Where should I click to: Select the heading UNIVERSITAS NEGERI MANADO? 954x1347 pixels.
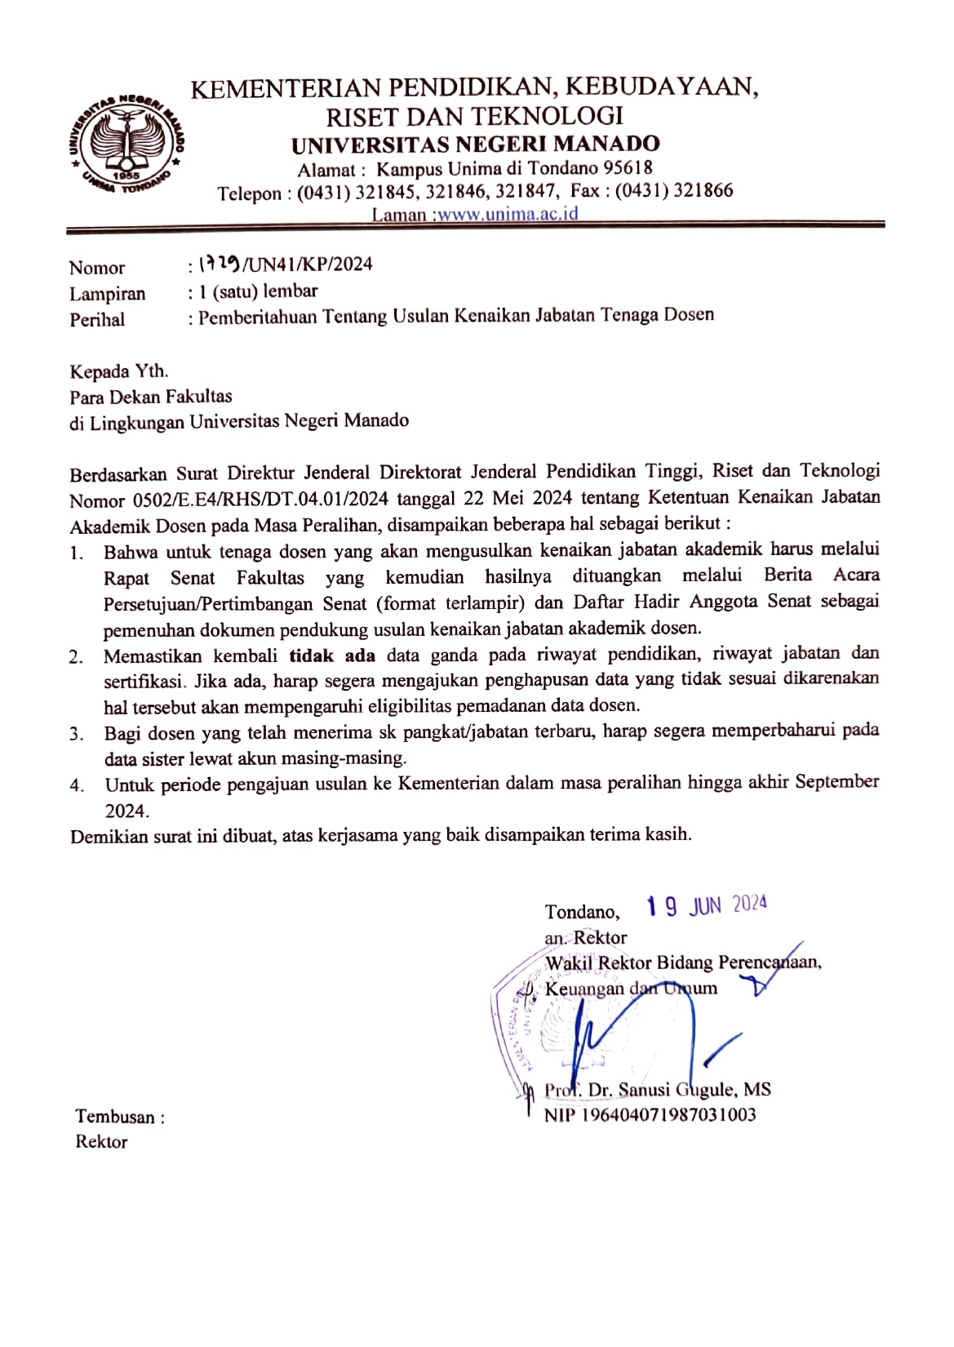point(476,144)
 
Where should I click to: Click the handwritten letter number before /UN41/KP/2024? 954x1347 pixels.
point(219,265)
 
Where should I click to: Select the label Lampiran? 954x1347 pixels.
point(107,294)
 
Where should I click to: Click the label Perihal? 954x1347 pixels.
point(97,320)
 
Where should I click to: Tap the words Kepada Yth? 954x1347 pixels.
point(119,371)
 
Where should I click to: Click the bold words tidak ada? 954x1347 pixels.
point(332,656)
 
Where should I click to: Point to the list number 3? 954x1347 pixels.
point(77,734)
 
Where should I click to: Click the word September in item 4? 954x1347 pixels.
point(836,782)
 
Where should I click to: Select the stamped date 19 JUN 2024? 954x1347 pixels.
point(706,905)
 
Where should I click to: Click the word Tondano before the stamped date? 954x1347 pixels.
point(582,912)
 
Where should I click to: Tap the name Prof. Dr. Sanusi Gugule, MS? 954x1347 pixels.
point(657,1090)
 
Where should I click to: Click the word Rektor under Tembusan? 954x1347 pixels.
point(101,1142)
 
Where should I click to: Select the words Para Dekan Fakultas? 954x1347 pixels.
point(151,397)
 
